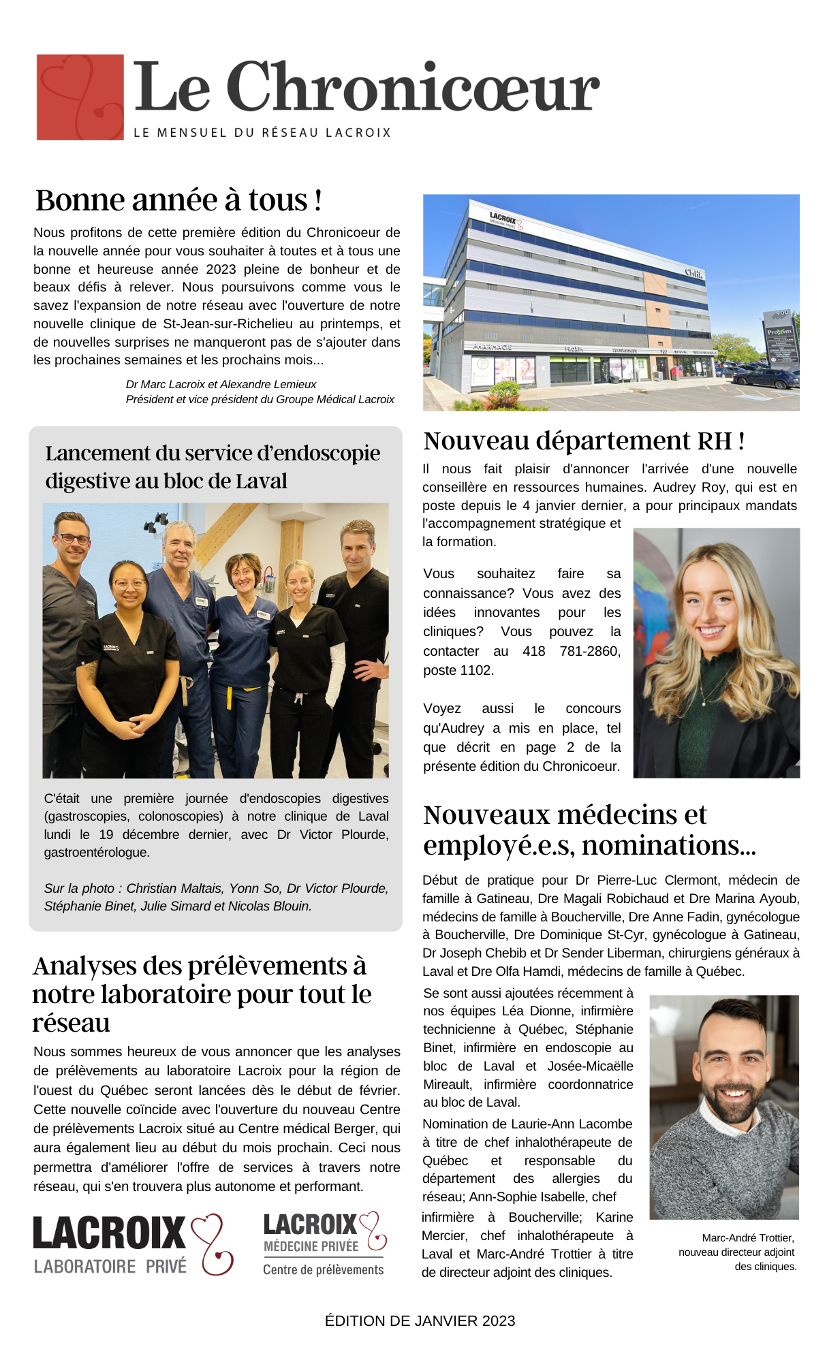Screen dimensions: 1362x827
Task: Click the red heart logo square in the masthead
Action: (x=80, y=97)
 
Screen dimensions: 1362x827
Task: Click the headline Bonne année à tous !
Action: (x=178, y=200)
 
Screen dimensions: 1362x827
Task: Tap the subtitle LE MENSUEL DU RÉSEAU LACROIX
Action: (x=262, y=133)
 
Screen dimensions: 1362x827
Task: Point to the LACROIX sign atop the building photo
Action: (x=503, y=219)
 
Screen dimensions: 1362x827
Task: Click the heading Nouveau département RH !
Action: (x=584, y=441)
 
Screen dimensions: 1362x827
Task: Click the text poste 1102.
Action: (x=458, y=670)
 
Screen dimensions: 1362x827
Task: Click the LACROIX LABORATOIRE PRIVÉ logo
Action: (x=134, y=1245)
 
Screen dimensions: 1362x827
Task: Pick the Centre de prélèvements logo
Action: (x=324, y=1244)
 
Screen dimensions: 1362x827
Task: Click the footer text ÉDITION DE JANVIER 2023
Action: (x=420, y=1321)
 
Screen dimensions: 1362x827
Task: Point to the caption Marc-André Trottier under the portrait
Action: (x=748, y=1237)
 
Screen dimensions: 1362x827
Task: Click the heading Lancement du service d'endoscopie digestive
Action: (x=213, y=466)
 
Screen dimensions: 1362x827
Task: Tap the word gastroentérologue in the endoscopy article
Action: (x=97, y=852)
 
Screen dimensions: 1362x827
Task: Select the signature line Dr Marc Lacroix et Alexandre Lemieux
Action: (x=221, y=384)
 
